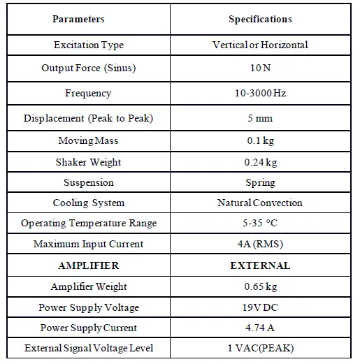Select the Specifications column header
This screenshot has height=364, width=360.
[x=260, y=20]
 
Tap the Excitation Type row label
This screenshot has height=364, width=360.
[x=89, y=45]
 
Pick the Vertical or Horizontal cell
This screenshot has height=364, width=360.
[x=260, y=45]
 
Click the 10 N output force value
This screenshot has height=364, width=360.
[x=260, y=68]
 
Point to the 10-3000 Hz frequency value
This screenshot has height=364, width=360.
[x=260, y=94]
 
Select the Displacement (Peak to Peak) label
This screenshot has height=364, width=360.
[x=88, y=118]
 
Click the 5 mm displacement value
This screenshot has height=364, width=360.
[x=260, y=118]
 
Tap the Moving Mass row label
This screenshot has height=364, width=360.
[x=89, y=141]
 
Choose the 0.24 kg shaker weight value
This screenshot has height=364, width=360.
[x=260, y=162]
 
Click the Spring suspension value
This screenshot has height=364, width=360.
[x=260, y=182]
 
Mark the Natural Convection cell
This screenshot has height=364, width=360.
[x=260, y=203]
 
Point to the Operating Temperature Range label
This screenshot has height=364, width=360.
[x=89, y=224]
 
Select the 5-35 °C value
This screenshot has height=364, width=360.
[x=260, y=224]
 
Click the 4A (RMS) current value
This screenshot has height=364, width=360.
[x=260, y=245]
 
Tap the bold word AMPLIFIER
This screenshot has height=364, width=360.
[x=89, y=265]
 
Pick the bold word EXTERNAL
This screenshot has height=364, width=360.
[x=260, y=265]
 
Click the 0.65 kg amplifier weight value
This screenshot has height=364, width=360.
[x=260, y=287]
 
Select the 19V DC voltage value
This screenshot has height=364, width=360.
[x=260, y=307]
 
